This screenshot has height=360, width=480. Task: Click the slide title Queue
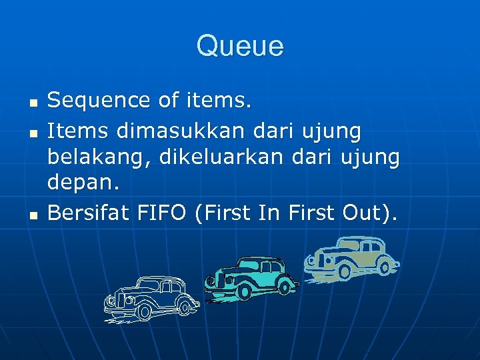(x=240, y=47)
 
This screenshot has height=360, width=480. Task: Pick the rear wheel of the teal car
(x=285, y=288)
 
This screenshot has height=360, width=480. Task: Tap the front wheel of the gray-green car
(x=344, y=272)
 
